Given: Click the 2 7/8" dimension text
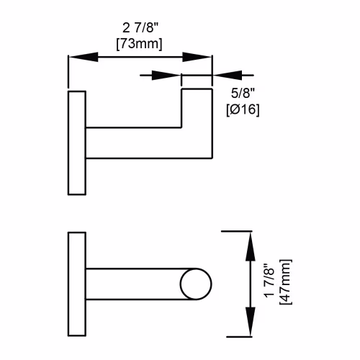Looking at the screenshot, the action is coord(140,28).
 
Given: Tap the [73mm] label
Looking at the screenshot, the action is coord(139,44).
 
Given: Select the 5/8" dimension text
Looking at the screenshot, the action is coord(243,93).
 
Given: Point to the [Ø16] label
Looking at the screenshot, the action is coord(243,110).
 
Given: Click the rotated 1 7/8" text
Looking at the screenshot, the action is coord(269,281).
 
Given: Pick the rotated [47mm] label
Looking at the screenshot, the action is coord(286,282).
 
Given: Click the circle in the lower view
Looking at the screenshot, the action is coord(196,284).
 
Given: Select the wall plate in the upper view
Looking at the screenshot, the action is coord(77,143).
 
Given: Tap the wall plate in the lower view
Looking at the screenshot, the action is coord(77,284).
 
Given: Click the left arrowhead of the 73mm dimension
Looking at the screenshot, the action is coord(84,57).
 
